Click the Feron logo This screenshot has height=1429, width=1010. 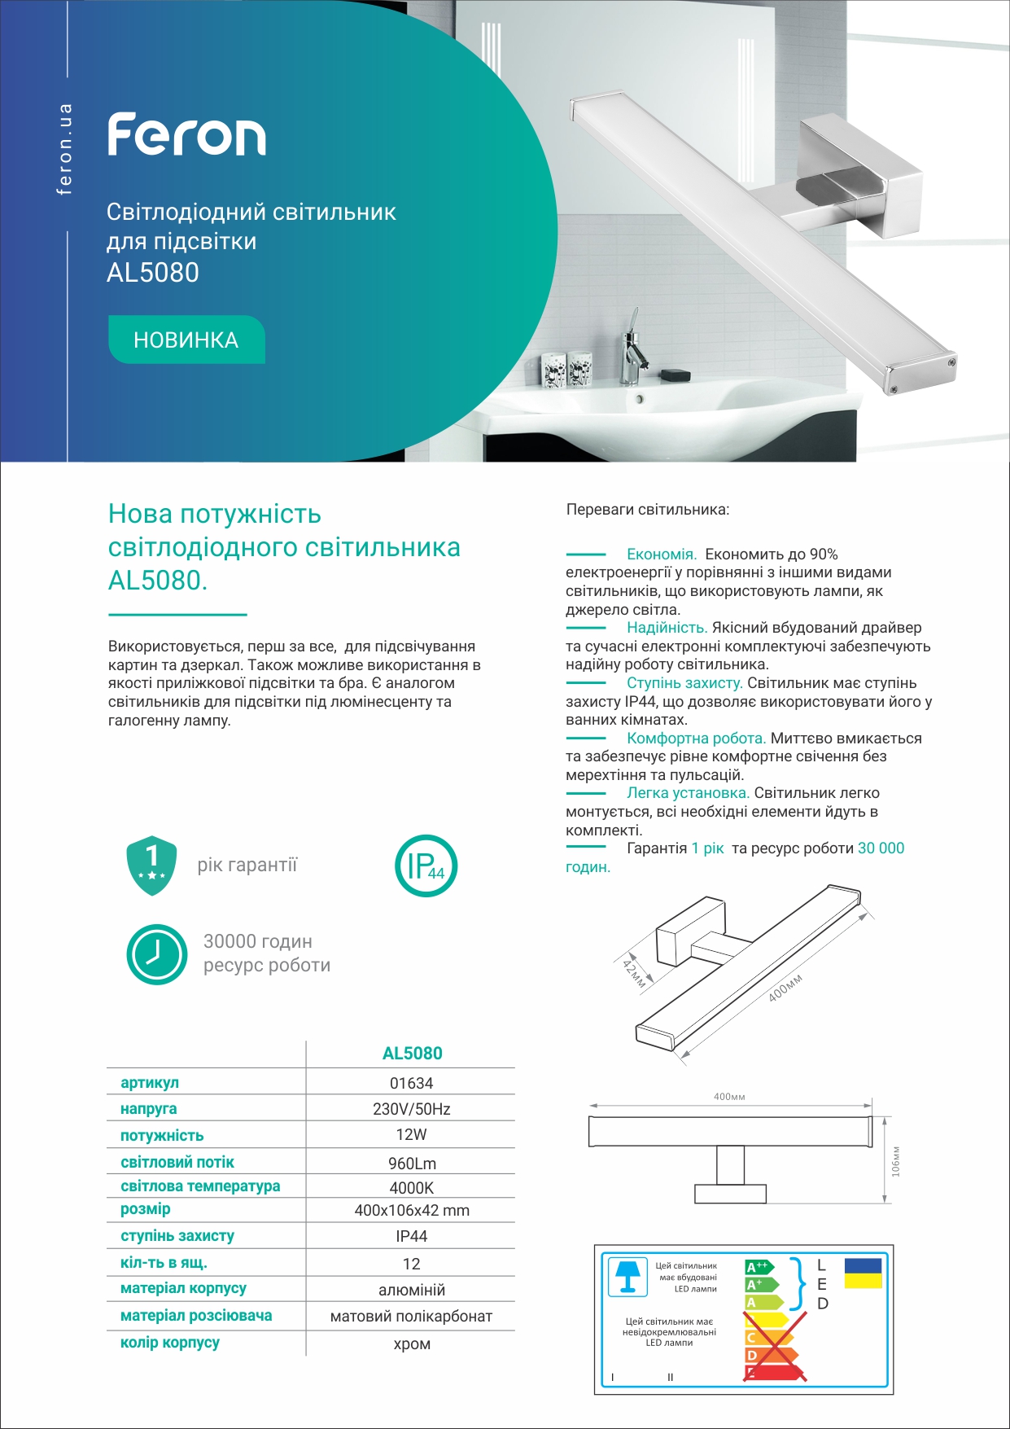(x=186, y=135)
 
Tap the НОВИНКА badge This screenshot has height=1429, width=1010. (x=186, y=340)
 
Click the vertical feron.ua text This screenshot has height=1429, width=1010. (x=65, y=149)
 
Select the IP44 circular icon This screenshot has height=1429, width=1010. (x=426, y=866)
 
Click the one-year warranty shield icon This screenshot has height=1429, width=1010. (x=151, y=865)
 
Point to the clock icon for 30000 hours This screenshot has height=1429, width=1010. (x=156, y=953)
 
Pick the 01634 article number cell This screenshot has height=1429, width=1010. (x=411, y=1083)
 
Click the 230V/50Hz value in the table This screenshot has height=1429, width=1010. (x=411, y=1109)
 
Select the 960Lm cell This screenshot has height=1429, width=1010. (x=411, y=1164)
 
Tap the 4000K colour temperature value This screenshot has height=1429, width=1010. (x=411, y=1188)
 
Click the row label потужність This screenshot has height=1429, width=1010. (x=162, y=1136)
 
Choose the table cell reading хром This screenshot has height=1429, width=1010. (x=411, y=1344)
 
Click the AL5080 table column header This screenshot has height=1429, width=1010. (x=412, y=1054)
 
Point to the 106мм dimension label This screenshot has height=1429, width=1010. (x=896, y=1161)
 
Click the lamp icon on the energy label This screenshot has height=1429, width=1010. (x=627, y=1276)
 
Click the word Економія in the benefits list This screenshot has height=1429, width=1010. (x=661, y=555)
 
